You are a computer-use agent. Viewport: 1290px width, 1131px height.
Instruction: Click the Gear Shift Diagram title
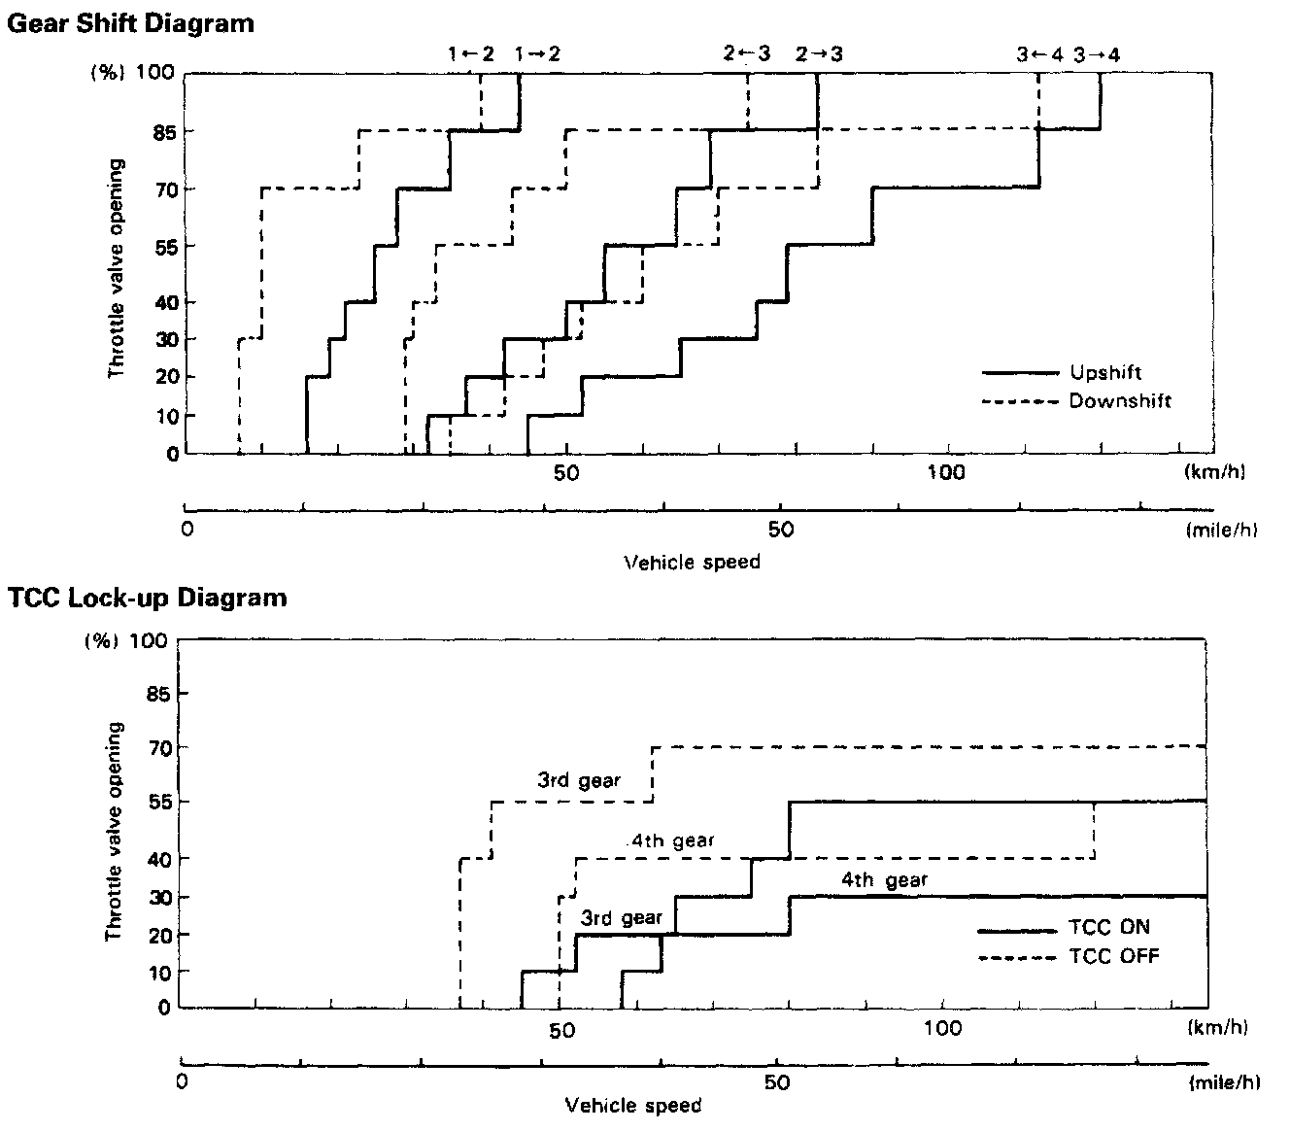(130, 22)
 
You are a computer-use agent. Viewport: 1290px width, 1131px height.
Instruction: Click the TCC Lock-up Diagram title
(147, 597)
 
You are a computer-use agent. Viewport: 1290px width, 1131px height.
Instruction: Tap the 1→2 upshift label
(538, 54)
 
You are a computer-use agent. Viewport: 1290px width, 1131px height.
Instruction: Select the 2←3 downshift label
(746, 54)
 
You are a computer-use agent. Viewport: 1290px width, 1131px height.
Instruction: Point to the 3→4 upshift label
(1097, 55)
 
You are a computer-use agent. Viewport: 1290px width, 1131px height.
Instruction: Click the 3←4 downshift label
(1040, 55)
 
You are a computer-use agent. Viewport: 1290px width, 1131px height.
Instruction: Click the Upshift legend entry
(1104, 373)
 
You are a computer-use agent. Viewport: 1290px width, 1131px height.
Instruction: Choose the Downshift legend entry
(1120, 401)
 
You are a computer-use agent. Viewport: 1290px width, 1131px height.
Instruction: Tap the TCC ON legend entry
(1108, 928)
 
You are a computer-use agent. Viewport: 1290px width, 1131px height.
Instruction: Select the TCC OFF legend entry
(1113, 956)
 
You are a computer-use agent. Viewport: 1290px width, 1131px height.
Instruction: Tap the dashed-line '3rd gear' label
(579, 780)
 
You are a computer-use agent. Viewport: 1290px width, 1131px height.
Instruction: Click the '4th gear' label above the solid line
(884, 881)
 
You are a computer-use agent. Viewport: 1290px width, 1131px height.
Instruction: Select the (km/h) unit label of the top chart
(1214, 473)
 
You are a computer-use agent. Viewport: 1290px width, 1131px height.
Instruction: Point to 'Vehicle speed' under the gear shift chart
(691, 562)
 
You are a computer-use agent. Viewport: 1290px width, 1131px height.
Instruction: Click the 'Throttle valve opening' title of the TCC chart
(115, 831)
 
